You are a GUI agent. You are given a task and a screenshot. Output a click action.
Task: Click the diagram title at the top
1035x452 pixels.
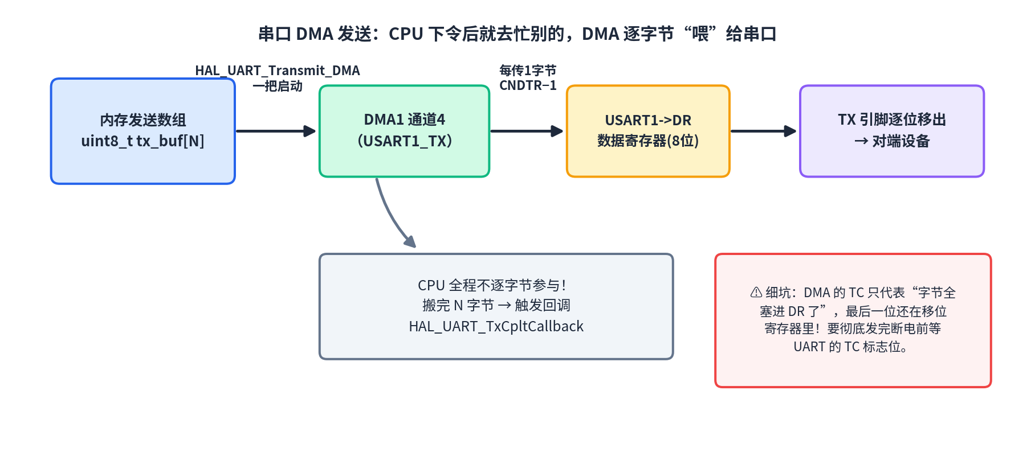point(517,34)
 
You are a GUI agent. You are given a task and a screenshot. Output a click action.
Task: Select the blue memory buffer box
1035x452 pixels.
point(143,131)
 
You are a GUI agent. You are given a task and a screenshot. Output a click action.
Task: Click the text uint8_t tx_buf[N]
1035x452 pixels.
point(142,141)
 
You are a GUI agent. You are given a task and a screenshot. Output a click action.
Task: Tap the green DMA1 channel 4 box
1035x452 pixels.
point(405,131)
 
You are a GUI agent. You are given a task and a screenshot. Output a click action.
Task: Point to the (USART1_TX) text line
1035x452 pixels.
point(405,141)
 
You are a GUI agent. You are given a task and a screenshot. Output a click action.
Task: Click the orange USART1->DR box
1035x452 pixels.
point(648,131)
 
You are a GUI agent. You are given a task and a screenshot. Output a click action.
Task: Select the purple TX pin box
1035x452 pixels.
point(892,131)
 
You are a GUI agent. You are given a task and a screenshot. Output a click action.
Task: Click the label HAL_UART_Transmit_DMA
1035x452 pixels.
point(278,71)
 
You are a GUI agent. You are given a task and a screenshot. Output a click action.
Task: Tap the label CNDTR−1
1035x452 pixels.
point(528,86)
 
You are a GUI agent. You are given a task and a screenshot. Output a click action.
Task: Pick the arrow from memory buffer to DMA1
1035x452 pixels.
point(276,131)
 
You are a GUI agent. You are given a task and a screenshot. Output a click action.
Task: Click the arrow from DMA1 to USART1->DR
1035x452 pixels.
point(527,131)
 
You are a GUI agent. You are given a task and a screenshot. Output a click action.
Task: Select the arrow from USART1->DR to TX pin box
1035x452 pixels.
point(763,131)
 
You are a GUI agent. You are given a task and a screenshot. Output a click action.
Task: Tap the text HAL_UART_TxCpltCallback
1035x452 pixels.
point(496,326)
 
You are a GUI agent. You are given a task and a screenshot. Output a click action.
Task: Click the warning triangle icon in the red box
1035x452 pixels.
point(756,293)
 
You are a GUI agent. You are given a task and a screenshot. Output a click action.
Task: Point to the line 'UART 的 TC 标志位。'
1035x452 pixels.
point(851,347)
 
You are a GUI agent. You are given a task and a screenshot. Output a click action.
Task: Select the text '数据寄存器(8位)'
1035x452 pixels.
point(648,141)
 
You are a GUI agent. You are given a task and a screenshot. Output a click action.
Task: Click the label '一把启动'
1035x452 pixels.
point(278,86)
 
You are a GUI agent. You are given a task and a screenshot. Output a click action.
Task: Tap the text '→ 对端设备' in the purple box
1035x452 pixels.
point(892,141)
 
